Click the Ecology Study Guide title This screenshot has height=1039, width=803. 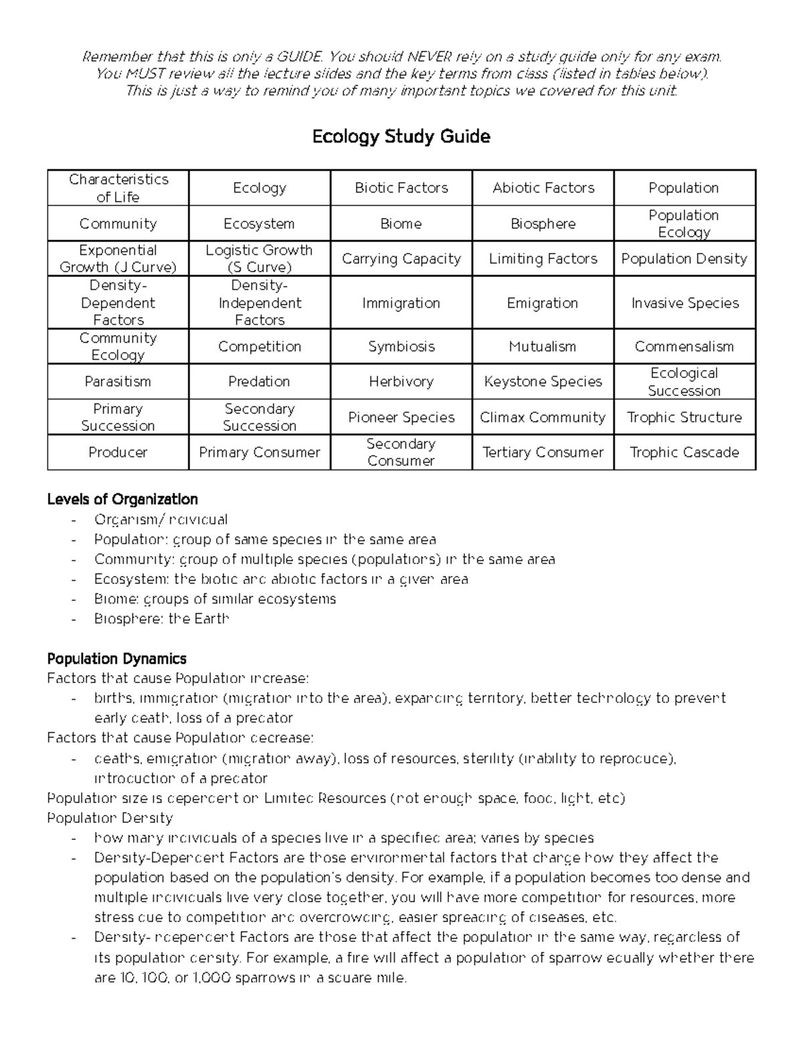401,137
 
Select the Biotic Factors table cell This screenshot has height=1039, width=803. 401,188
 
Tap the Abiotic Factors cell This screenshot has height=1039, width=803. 543,188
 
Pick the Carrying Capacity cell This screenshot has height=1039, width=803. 401,259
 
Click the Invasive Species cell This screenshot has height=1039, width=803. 685,303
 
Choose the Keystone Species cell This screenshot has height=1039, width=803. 543,381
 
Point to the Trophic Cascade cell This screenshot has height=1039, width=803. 685,452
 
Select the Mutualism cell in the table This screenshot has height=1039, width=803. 543,347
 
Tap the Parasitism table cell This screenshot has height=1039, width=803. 118,381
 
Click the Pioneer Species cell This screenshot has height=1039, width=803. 401,417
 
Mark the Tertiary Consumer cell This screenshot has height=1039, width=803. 543,452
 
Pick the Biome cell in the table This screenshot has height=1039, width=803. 401,223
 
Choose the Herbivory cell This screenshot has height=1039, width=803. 401,381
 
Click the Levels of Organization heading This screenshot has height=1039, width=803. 122,499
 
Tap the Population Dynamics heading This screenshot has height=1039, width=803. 116,659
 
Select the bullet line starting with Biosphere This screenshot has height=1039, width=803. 162,619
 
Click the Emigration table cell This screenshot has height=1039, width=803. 543,303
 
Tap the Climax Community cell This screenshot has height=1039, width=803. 543,417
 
